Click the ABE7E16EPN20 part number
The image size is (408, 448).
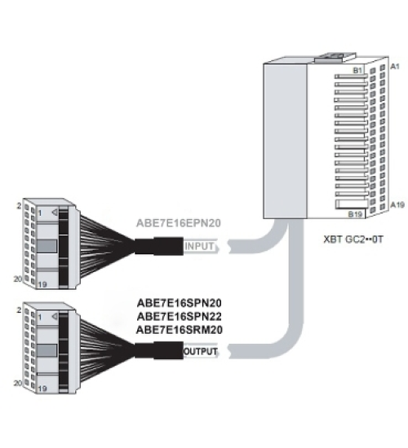click(179, 223)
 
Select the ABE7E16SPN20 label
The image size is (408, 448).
click(180, 303)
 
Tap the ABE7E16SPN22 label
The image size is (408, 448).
click(180, 317)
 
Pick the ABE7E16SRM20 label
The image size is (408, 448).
click(180, 330)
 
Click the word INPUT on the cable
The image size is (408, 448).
click(199, 246)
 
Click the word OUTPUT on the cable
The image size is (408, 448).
click(201, 351)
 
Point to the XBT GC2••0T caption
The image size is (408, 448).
click(353, 239)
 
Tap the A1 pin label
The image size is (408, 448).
click(395, 66)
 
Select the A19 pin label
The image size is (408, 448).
click(397, 204)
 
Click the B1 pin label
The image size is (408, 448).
click(357, 70)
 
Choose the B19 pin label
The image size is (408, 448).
click(355, 214)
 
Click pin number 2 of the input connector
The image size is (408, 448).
click(19, 206)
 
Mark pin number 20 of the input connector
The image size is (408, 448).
click(18, 279)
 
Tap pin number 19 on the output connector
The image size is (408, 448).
click(42, 389)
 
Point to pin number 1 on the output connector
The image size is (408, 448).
click(40, 317)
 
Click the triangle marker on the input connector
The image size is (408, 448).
click(55, 213)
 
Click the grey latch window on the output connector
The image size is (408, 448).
click(47, 350)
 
